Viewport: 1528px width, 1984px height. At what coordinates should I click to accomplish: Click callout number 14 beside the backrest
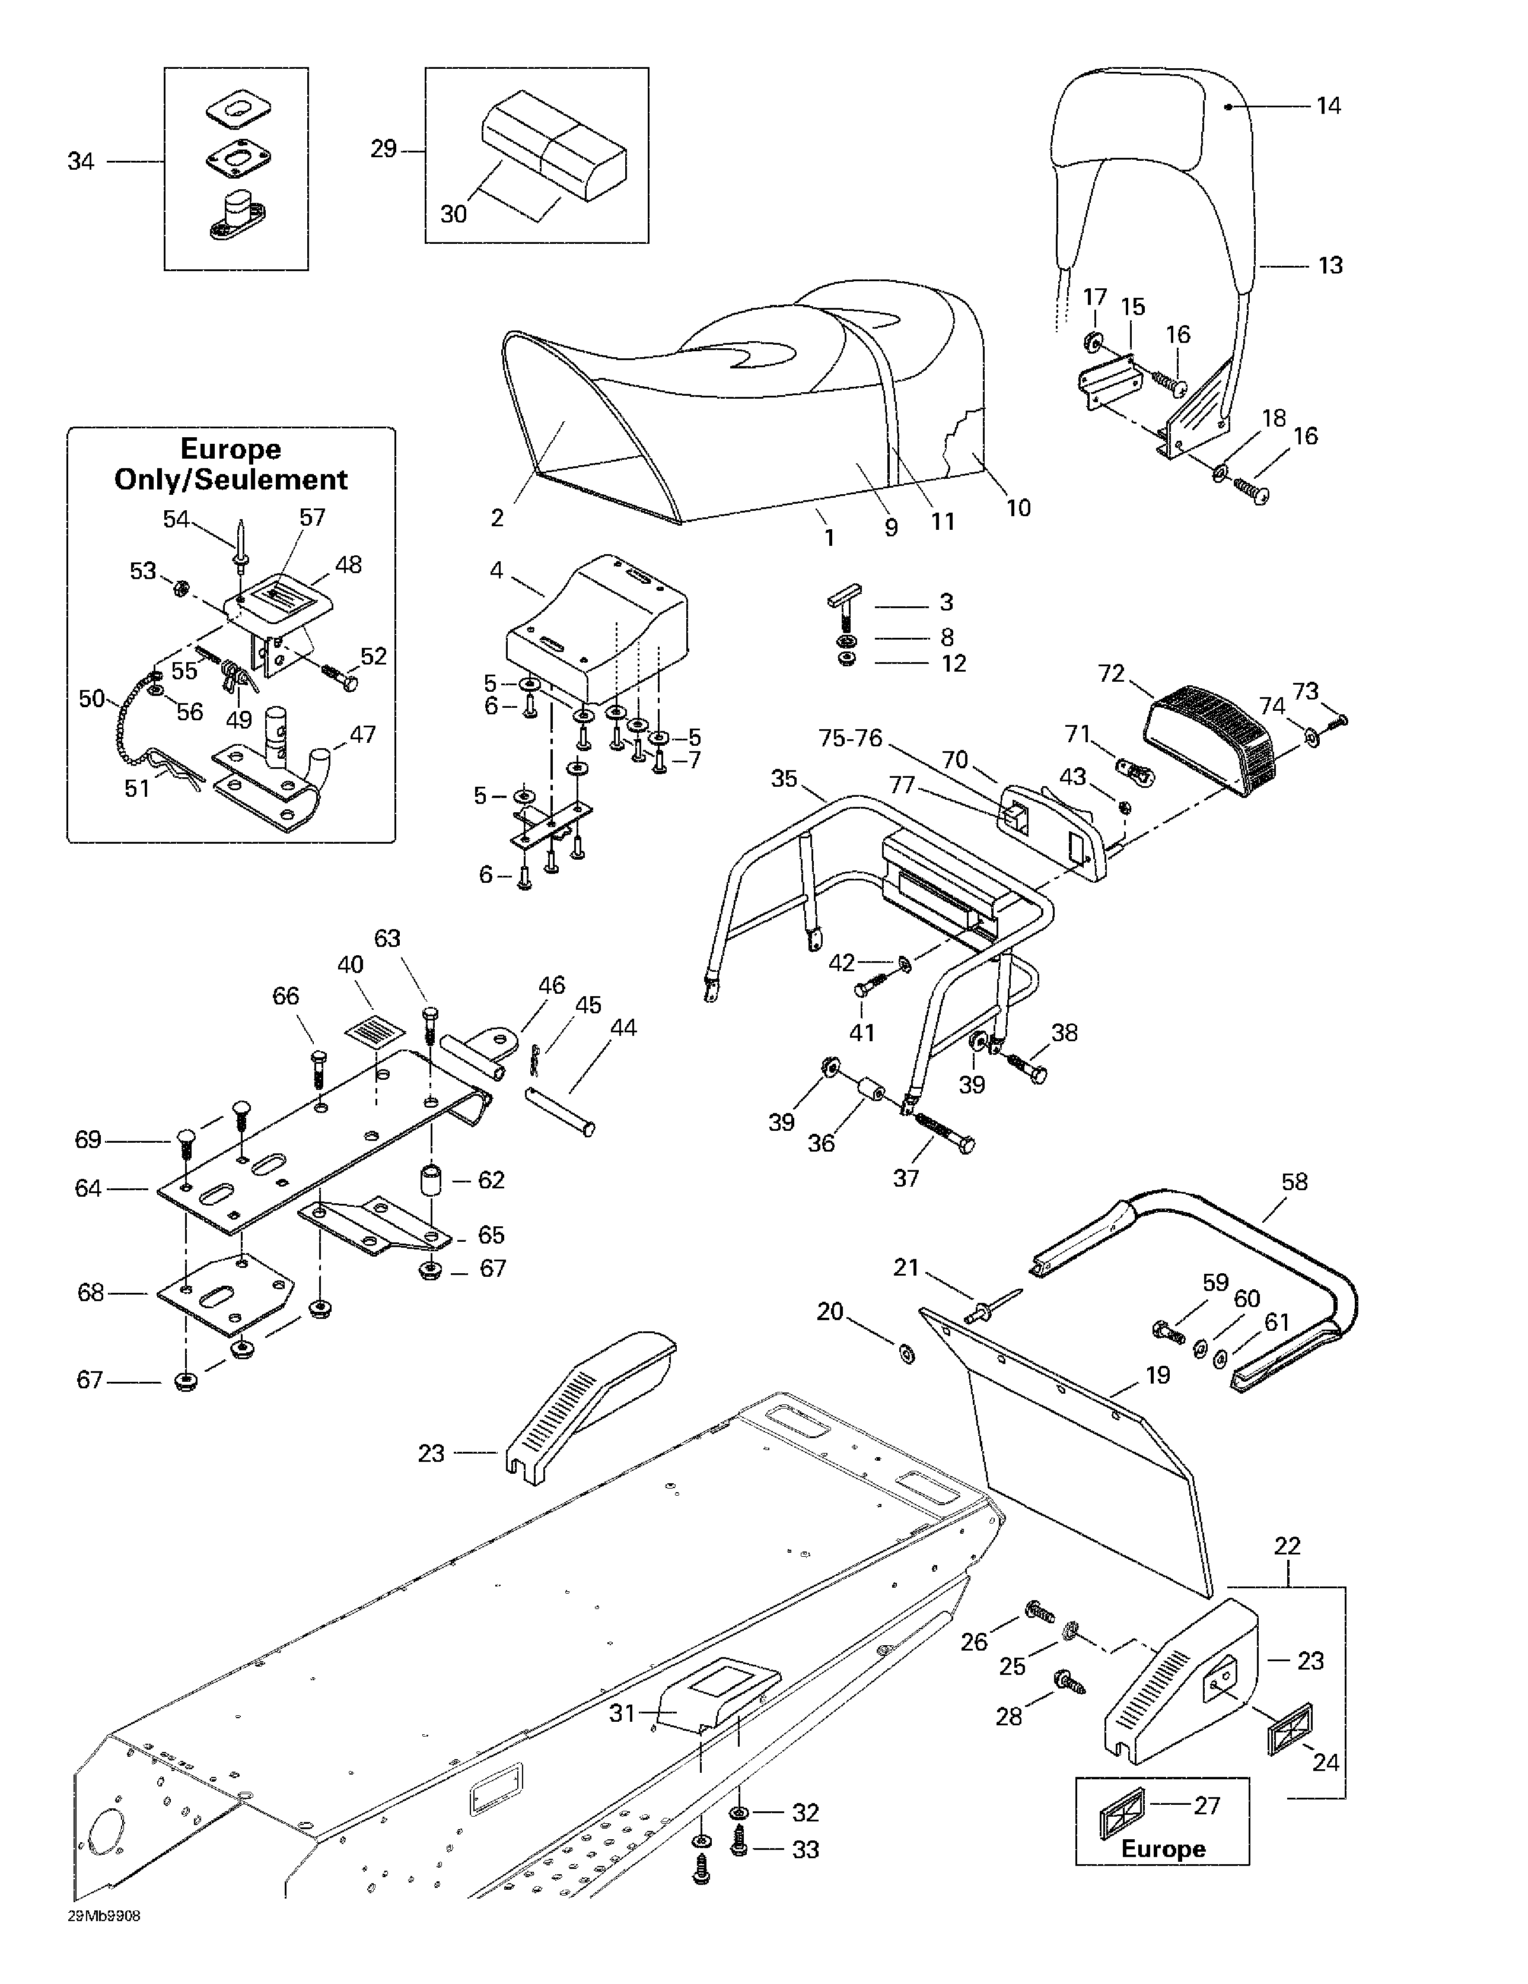click(x=1328, y=106)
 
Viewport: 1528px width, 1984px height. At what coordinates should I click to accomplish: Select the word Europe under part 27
click(x=1163, y=1849)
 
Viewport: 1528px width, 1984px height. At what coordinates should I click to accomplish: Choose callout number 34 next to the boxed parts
click(x=81, y=162)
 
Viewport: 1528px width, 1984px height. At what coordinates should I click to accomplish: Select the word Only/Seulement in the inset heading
click(x=231, y=479)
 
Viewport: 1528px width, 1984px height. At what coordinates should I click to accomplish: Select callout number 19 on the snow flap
click(x=1157, y=1375)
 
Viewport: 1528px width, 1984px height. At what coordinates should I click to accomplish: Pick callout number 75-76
click(x=850, y=739)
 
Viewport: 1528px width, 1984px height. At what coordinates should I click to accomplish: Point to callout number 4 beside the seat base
click(x=496, y=571)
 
